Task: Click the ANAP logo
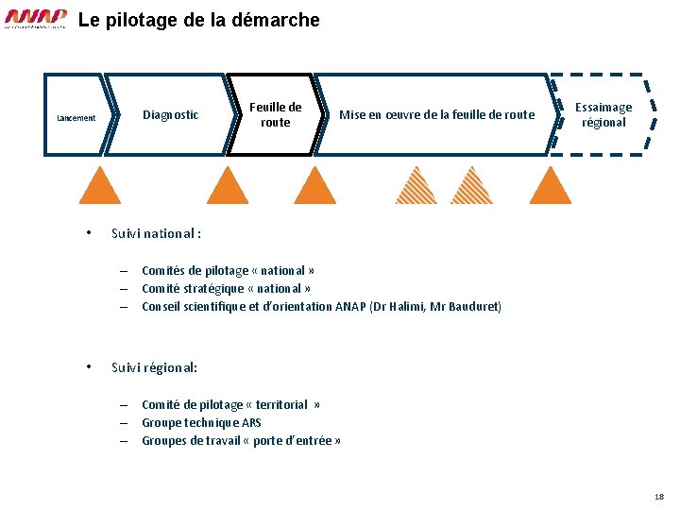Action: coord(36,19)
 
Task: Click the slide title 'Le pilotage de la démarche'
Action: coord(199,20)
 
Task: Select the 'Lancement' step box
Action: coord(76,117)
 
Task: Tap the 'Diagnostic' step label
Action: coord(170,115)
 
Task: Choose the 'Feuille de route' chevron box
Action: coord(275,114)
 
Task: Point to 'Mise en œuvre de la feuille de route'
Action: coord(436,115)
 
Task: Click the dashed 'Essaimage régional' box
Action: coord(603,115)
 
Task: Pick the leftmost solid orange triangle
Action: coord(100,187)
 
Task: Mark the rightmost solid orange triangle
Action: coord(551,187)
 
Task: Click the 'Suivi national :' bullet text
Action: coord(156,233)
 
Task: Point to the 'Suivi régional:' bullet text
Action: coord(154,367)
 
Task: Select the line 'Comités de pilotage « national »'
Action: coord(228,271)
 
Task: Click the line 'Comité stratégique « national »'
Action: coord(226,289)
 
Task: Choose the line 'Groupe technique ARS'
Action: coord(201,423)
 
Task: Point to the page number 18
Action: coord(658,497)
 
